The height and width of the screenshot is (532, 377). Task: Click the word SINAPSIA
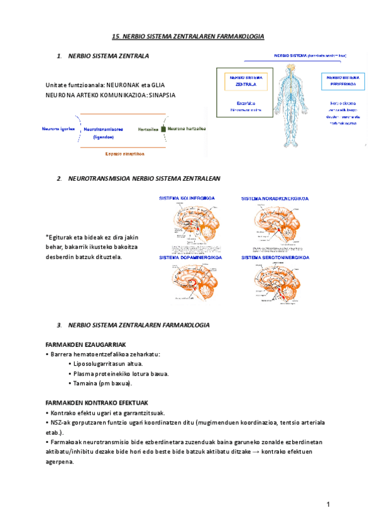tap(161, 95)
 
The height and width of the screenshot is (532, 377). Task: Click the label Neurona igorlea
tap(58, 129)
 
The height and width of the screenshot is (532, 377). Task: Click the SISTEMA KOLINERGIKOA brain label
tap(187, 198)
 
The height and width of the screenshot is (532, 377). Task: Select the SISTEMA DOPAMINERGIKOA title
tap(188, 257)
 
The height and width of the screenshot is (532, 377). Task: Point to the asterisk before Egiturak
tap(47, 237)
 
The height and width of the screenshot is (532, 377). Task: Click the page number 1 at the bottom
tap(328, 505)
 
